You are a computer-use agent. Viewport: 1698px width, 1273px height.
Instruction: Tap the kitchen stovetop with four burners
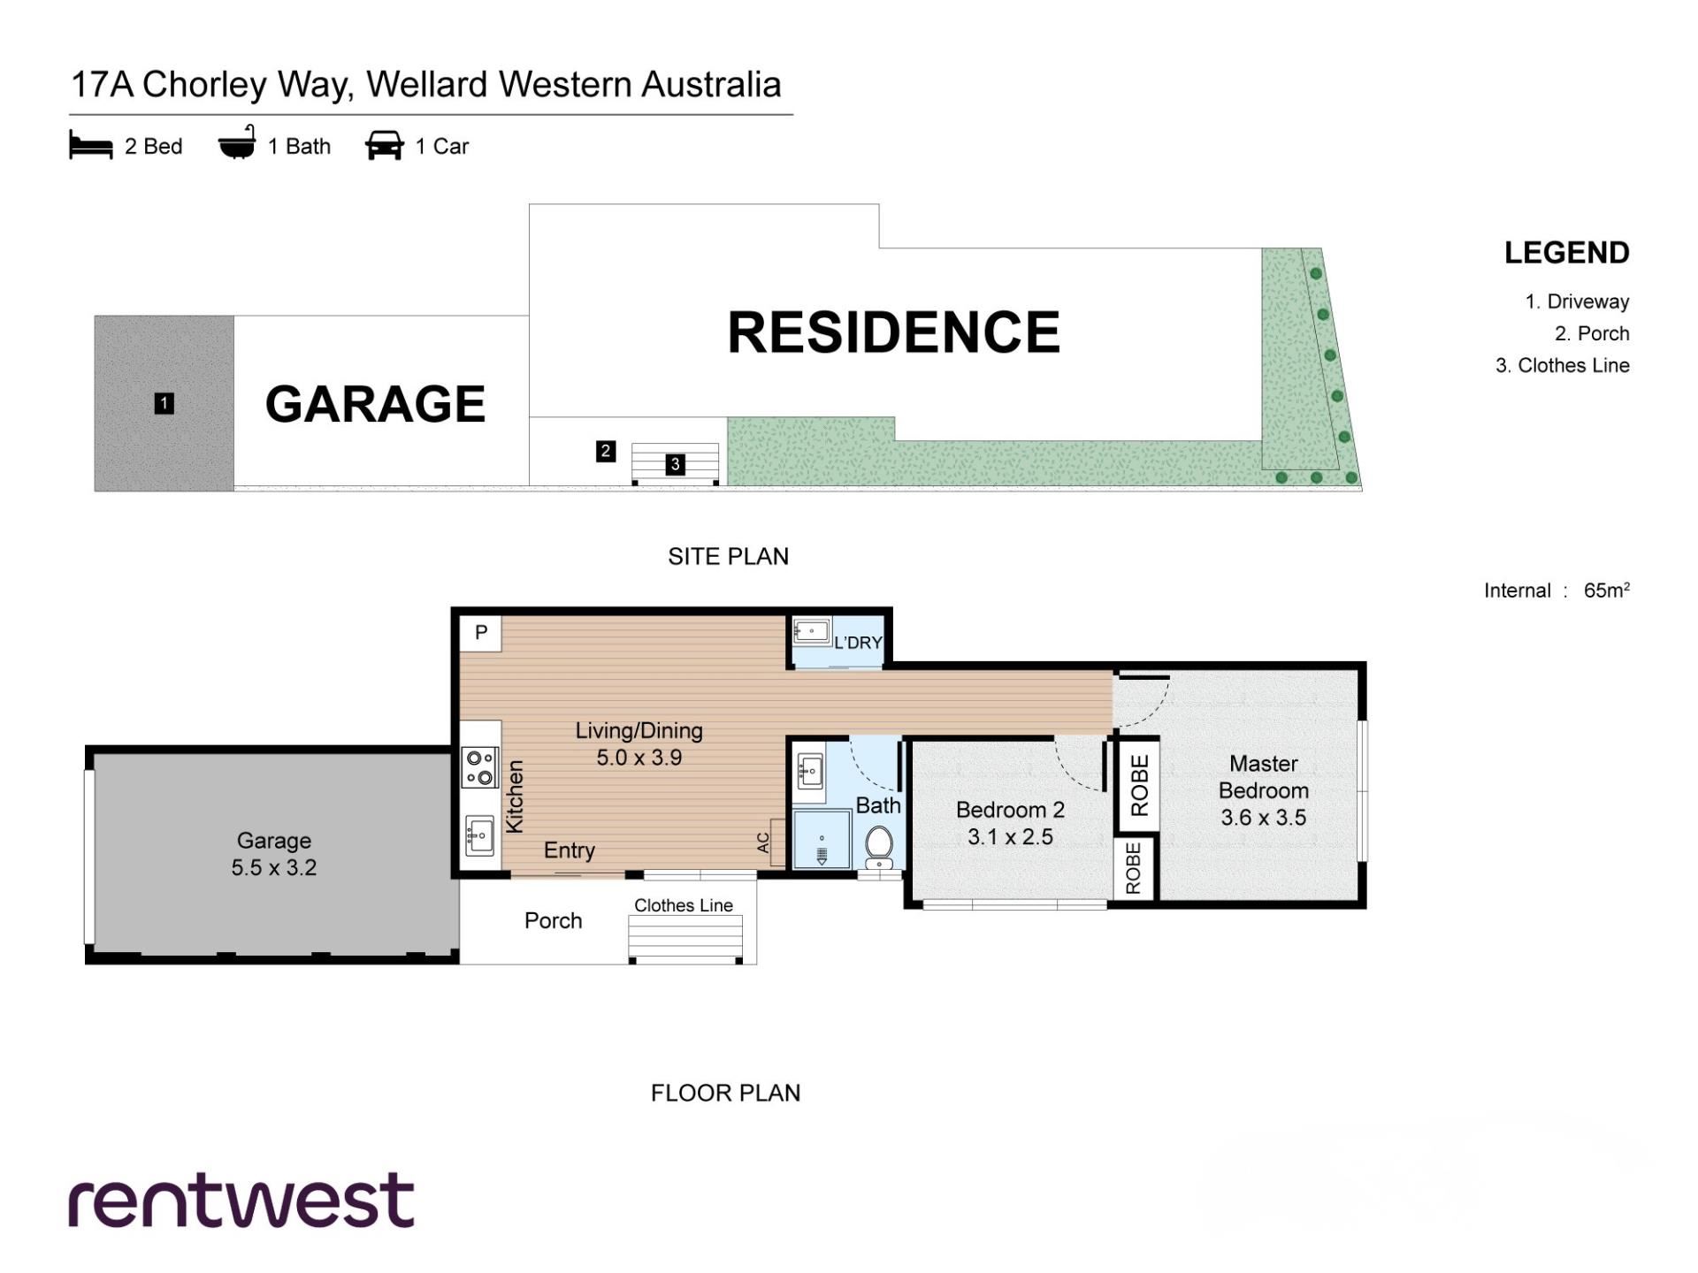tap(480, 767)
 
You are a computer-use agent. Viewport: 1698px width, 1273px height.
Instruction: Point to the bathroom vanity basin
tap(810, 771)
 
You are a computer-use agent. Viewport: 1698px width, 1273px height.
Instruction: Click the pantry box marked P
tap(481, 633)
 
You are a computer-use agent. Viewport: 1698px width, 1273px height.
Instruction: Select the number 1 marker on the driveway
tap(164, 404)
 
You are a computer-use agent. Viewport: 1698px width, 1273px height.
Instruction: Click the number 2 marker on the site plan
tap(606, 452)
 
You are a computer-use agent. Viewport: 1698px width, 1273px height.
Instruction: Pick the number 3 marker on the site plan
tap(676, 464)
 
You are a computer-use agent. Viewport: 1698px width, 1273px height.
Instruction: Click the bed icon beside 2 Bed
tap(91, 146)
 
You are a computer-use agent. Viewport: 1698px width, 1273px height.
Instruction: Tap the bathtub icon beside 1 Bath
tap(237, 143)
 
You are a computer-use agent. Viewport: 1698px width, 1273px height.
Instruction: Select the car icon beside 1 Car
tap(385, 146)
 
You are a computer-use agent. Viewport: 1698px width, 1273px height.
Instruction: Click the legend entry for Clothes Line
tap(1563, 365)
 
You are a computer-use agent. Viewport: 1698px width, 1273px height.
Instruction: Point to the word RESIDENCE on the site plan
tap(893, 332)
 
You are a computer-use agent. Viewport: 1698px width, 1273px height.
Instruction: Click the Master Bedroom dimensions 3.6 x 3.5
tap(1264, 818)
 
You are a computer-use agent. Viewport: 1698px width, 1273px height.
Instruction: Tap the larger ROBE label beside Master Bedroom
tap(1140, 785)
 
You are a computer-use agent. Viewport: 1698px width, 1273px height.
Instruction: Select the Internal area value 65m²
tap(1607, 591)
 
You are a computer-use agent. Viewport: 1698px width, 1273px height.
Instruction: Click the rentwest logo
tap(241, 1201)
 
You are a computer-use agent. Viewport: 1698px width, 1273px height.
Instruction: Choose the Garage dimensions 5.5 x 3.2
tap(274, 868)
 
